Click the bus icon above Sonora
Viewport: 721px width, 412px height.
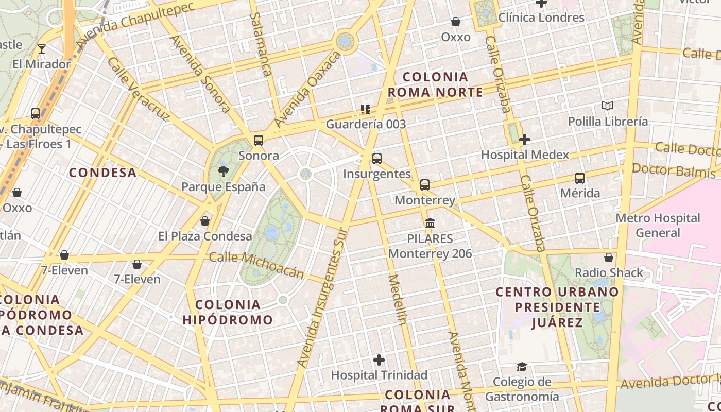[259, 141]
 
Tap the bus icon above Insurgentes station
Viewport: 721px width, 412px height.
[377, 159]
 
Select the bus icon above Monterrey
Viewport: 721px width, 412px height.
[425, 185]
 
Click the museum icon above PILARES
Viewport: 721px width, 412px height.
[430, 224]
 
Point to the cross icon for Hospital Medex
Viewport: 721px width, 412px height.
[525, 140]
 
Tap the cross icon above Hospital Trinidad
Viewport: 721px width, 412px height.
[379, 359]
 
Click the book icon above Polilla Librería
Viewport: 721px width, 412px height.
[608, 106]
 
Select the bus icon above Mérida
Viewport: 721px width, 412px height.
[580, 178]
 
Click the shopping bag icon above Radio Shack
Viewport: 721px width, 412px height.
[609, 257]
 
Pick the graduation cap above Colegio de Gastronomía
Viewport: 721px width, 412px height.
[522, 367]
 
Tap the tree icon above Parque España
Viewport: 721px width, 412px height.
[224, 171]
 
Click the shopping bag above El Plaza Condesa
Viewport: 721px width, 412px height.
[205, 221]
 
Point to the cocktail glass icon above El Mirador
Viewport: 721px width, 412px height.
[42, 49]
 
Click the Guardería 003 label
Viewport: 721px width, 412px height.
[366, 124]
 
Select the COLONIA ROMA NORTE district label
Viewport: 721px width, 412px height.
[435, 85]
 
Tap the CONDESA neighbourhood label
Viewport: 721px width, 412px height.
[103, 173]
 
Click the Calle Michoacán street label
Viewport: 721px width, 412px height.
[256, 264]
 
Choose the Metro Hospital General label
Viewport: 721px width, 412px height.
[658, 225]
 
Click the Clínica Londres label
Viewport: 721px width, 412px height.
[541, 18]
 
